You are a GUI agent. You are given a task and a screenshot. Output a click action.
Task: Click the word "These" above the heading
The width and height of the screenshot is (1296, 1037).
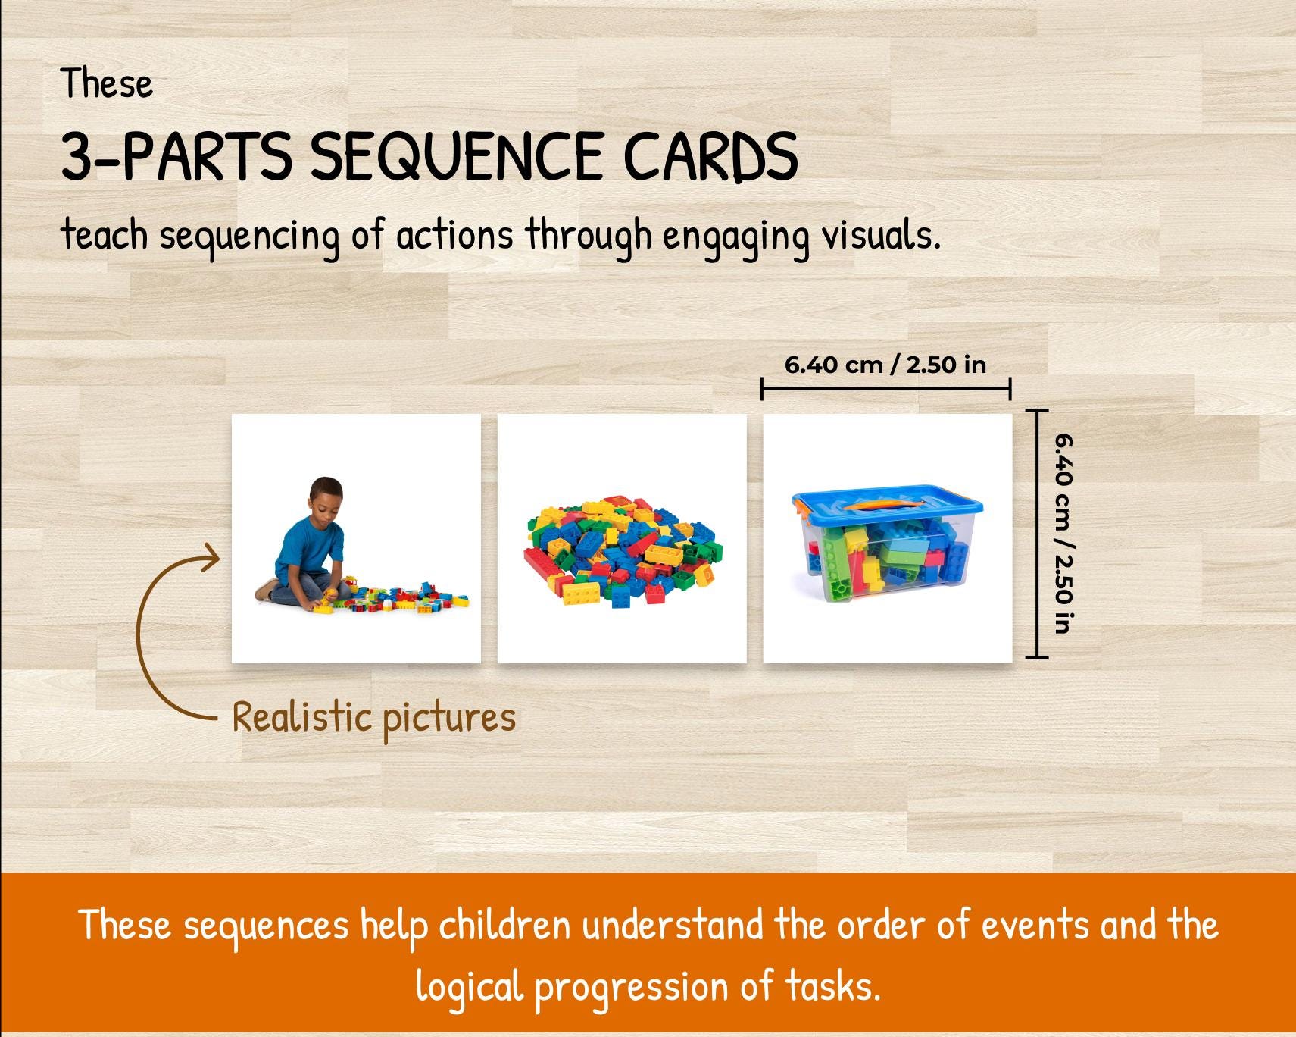coord(107,83)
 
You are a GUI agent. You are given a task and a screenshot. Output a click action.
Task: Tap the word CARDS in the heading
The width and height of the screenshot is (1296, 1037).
coord(710,157)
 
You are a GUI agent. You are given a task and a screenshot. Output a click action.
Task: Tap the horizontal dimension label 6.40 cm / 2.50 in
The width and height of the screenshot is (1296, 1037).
coord(885,365)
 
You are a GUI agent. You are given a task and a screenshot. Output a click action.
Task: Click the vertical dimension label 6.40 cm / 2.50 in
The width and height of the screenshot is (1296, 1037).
coord(1062,533)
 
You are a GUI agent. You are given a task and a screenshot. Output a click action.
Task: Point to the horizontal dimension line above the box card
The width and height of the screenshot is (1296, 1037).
coord(885,390)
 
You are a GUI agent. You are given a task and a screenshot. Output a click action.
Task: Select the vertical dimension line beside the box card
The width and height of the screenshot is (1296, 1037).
coord(1036,533)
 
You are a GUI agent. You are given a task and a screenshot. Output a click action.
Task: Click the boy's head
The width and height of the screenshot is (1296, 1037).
coord(326,497)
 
